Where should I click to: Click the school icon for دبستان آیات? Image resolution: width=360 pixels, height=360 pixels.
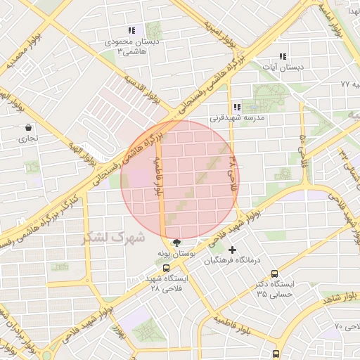[x=283, y=56]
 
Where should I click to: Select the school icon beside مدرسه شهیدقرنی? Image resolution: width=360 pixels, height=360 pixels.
[x=237, y=108]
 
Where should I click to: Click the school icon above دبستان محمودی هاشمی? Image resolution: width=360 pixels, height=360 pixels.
[x=131, y=31]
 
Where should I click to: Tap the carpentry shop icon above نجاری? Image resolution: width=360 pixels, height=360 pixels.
[x=28, y=128]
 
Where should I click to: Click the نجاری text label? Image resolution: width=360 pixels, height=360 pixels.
[x=28, y=139]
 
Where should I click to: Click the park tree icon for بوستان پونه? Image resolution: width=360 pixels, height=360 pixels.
[x=176, y=243]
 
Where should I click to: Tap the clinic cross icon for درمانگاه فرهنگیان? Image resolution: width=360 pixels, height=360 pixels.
[x=233, y=250]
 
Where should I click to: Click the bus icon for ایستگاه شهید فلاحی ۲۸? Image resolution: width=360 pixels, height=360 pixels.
[x=167, y=268]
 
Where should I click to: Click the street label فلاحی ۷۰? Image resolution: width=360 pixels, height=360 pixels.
[x=348, y=327]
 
